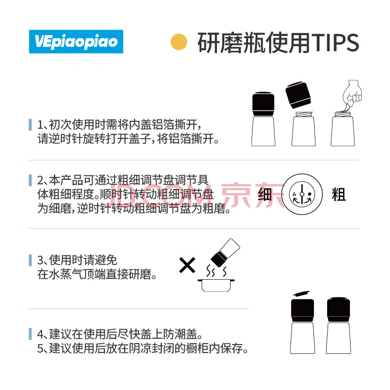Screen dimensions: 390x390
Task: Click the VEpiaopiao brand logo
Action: click(x=76, y=41)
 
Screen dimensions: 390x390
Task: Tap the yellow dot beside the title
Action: click(x=179, y=42)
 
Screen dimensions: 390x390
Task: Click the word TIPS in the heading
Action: click(x=335, y=42)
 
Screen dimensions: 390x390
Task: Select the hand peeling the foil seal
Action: click(x=351, y=95)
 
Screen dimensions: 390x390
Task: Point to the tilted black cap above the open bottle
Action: click(x=298, y=95)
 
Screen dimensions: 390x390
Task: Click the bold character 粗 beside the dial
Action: click(x=339, y=195)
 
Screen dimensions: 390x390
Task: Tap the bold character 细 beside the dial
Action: click(x=265, y=195)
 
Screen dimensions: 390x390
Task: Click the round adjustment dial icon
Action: click(x=302, y=194)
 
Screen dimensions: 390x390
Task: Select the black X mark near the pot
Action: click(x=187, y=265)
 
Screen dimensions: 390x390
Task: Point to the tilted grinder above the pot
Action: click(x=225, y=253)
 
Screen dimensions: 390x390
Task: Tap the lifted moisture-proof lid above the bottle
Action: click(x=301, y=294)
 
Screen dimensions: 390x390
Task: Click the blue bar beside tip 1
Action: click(x=30, y=125)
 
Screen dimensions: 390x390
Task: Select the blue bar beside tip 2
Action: click(x=30, y=180)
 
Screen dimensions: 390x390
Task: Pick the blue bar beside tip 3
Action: click(x=30, y=260)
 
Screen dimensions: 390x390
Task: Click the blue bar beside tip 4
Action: click(x=30, y=334)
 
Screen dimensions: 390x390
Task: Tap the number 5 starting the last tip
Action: click(x=40, y=349)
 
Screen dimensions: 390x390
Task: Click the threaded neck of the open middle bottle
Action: click(x=303, y=115)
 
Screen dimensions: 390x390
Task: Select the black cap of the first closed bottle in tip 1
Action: click(x=263, y=104)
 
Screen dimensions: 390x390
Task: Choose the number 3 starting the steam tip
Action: click(x=40, y=260)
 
